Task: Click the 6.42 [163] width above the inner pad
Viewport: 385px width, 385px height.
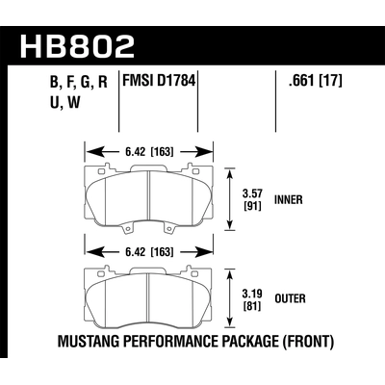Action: [148, 151]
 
